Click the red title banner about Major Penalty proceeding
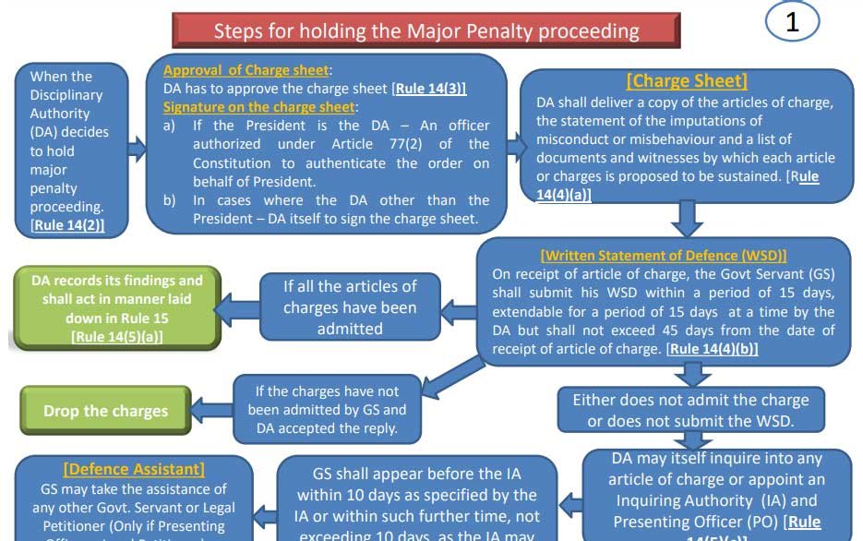[426, 30]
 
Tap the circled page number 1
[792, 22]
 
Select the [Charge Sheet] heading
[687, 81]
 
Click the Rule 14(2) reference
[68, 225]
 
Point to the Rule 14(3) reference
[430, 89]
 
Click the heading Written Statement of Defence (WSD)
[664, 256]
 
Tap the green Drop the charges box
[105, 411]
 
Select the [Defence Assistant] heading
[134, 470]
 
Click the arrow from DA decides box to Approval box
[136, 148]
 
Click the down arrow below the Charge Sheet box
[685, 219]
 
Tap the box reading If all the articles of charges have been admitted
[350, 307]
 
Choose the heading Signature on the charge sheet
[259, 107]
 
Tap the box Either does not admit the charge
[690, 410]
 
